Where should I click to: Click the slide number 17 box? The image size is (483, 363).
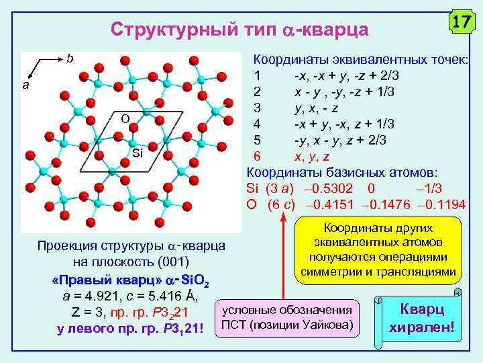[460, 22]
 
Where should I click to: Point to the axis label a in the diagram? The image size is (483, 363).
[26, 85]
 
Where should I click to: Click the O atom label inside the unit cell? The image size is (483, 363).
[124, 119]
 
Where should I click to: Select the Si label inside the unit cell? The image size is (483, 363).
[137, 153]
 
